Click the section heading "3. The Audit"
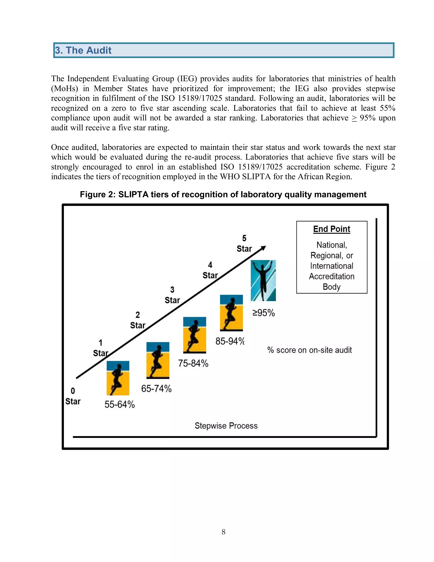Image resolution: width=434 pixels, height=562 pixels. [83, 50]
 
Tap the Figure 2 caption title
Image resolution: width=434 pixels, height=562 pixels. [223, 194]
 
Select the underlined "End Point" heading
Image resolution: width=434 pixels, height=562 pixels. [331, 229]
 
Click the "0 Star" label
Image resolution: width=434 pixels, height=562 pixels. [73, 396]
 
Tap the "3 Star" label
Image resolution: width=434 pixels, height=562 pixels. [172, 295]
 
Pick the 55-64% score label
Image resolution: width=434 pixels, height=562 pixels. [120, 404]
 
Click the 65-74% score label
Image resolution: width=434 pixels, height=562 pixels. [156, 389]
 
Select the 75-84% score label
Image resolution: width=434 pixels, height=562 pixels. [193, 363]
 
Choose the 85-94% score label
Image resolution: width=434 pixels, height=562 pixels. [230, 341]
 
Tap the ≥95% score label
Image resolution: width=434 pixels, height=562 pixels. [264, 313]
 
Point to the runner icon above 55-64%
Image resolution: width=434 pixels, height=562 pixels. [118, 378]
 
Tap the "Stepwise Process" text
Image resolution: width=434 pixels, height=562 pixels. [226, 426]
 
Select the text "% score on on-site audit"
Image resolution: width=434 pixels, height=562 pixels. [310, 350]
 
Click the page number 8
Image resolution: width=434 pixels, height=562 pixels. [223, 532]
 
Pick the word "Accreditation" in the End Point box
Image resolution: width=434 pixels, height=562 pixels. [331, 276]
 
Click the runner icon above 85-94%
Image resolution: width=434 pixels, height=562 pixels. [231, 313]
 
